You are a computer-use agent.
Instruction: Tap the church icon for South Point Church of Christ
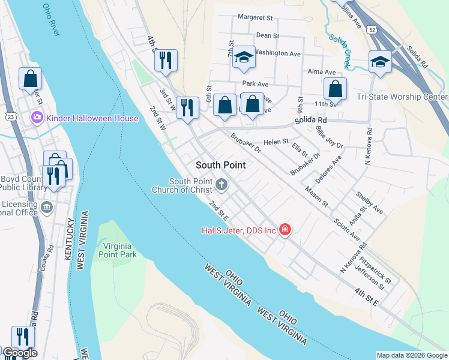222,184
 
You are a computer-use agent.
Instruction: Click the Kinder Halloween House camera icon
37,118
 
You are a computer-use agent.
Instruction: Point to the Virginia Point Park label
119,250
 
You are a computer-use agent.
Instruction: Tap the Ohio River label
52,20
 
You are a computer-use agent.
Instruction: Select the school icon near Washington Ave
244,58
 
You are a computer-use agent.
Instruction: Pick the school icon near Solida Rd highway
379,62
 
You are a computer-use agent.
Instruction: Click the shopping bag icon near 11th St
335,89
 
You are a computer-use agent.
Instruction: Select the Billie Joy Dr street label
331,141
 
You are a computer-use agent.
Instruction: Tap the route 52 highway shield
373,29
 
